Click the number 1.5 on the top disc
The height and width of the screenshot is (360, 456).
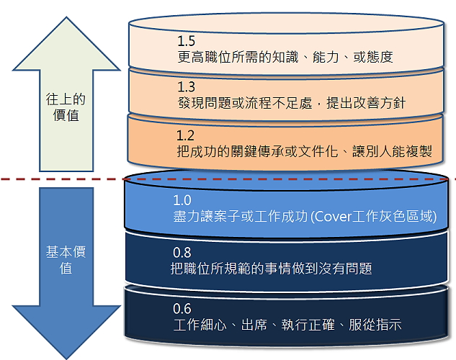click(187, 41)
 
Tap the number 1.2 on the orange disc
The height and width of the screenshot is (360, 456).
click(186, 135)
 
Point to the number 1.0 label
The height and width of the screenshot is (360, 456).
click(182, 200)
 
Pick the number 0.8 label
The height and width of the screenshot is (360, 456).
click(182, 253)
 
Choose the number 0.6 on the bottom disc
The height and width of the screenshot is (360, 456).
click(182, 309)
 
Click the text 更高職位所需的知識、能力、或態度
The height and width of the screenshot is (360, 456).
click(285, 56)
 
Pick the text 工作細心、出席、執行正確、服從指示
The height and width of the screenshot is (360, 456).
click(287, 325)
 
